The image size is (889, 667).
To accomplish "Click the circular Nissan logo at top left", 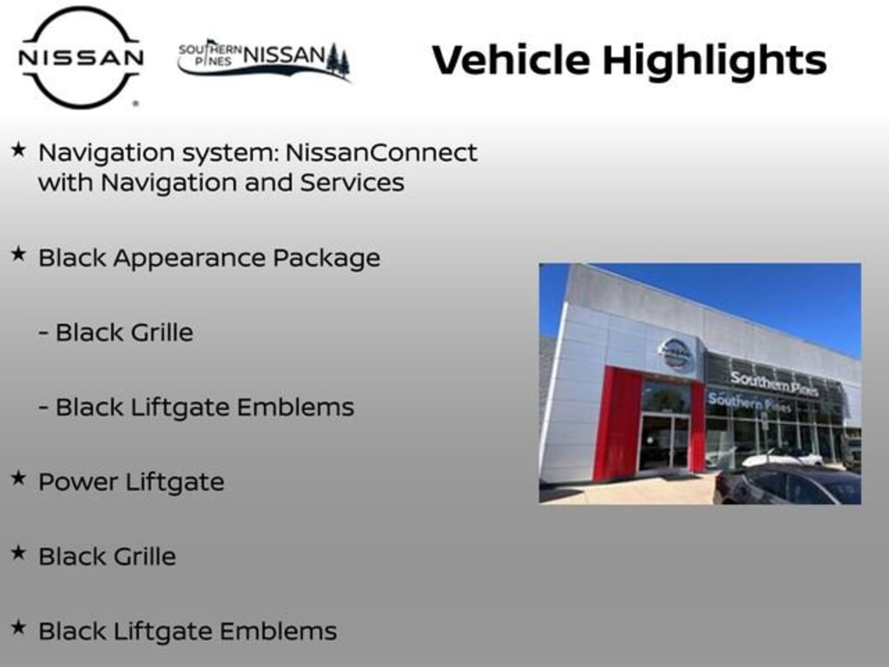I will point(81,57).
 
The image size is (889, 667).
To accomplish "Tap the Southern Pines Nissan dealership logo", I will point(263,59).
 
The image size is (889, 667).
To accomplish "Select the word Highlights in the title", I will point(714,62).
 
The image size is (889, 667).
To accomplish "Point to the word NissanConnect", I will point(381,153).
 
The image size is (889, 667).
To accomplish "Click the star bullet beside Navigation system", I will point(17,150).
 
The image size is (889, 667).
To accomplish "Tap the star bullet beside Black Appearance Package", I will point(17,254).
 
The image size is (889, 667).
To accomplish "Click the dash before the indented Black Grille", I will point(43,333).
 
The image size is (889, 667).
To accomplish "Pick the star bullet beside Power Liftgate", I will point(17,479).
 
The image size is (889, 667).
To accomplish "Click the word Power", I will point(78,482).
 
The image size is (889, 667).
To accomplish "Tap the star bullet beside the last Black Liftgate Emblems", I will point(17,628).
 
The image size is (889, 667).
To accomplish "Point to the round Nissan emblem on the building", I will point(675,353).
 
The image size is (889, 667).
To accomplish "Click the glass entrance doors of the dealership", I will point(665,441).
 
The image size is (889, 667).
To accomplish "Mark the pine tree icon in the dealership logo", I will point(338,61).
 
